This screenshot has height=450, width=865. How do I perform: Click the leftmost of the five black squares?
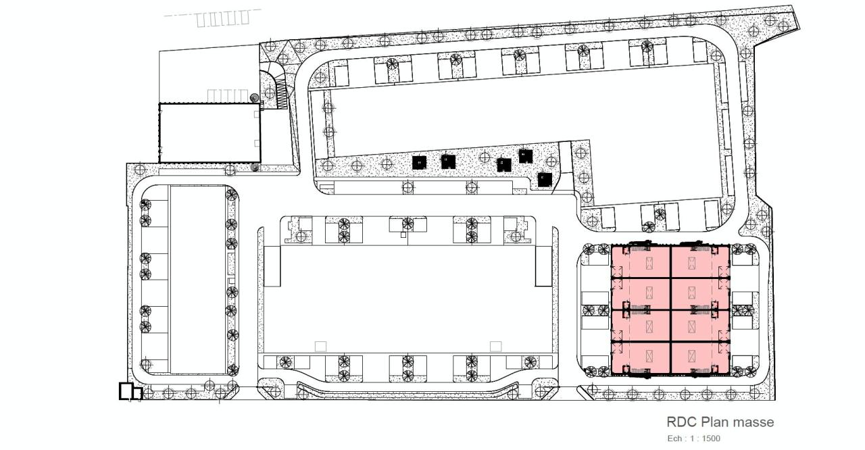tap(420, 162)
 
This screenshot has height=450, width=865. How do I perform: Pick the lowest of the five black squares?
tap(545, 179)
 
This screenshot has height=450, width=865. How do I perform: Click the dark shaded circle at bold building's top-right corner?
tap(255, 99)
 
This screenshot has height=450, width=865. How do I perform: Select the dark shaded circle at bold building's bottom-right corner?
tap(255, 166)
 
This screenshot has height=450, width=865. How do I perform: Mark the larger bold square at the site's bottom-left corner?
tap(126, 391)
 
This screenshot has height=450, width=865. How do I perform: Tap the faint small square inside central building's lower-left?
tap(321, 346)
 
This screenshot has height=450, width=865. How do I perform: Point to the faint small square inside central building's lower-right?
tap(496, 346)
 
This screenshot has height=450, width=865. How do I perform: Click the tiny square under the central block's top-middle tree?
tap(403, 236)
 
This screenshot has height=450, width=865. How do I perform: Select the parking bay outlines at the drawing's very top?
tap(222, 19)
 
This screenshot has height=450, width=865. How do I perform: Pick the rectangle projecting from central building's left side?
tap(272, 266)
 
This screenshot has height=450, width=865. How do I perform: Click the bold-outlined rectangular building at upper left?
tap(209, 132)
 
